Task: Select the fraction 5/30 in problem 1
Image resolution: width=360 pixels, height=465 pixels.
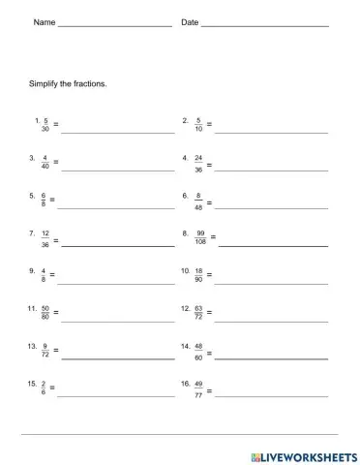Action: [x=45, y=125]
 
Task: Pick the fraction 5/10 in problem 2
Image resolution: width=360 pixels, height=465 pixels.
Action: [x=197, y=125]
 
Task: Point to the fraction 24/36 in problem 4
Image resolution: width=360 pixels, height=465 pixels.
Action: [x=197, y=162]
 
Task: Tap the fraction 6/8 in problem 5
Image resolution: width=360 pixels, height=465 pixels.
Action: [x=43, y=200]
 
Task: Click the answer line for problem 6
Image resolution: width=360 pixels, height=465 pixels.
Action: [x=270, y=206]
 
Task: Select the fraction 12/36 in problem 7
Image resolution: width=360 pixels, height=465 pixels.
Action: [x=45, y=237]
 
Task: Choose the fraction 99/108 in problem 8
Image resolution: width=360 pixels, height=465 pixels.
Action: [x=200, y=237]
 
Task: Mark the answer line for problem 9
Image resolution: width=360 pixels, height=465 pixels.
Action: [x=115, y=282]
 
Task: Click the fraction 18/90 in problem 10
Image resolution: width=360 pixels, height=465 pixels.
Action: [x=198, y=275]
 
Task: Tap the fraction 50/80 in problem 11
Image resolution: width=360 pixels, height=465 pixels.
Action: [x=45, y=313]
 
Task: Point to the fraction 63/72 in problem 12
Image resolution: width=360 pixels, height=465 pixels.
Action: [x=198, y=313]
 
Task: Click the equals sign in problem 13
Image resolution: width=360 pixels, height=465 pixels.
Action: [x=56, y=351]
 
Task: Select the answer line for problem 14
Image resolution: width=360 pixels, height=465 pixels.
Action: [x=270, y=357]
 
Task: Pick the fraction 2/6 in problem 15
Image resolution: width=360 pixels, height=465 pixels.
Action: [x=43, y=388]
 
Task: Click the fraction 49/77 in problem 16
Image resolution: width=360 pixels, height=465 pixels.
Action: [x=198, y=388]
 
